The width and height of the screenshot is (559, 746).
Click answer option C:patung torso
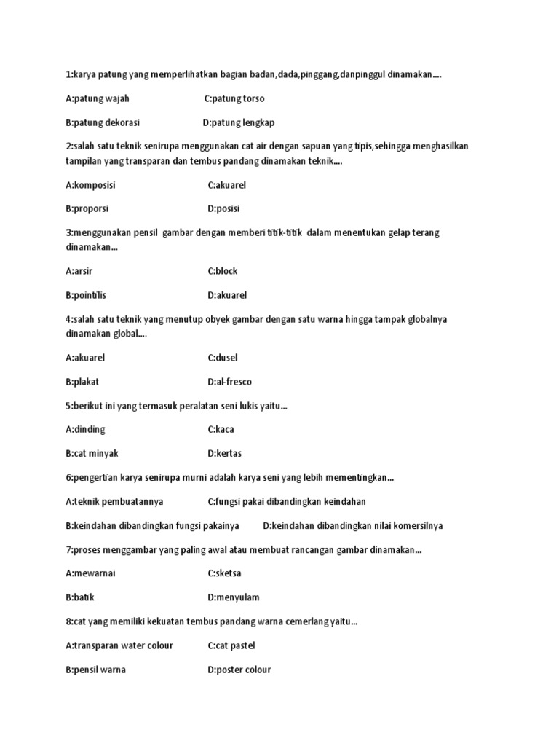click(234, 98)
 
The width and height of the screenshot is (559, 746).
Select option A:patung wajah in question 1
click(98, 98)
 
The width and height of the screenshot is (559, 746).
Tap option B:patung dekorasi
click(103, 122)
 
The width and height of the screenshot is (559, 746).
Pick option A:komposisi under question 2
click(90, 185)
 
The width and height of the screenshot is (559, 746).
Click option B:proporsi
click(87, 208)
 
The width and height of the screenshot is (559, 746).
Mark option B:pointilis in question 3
click(91, 295)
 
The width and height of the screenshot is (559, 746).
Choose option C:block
click(223, 271)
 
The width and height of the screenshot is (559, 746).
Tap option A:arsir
click(81, 271)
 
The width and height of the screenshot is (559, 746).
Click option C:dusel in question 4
click(223, 358)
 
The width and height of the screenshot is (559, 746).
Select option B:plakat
click(82, 382)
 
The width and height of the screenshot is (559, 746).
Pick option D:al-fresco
click(230, 382)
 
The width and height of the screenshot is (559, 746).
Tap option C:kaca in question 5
click(221, 429)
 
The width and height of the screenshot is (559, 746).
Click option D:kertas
click(224, 452)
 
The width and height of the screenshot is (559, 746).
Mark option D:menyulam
click(234, 597)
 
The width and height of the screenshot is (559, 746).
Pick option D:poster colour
click(239, 670)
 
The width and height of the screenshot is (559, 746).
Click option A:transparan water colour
click(119, 645)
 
